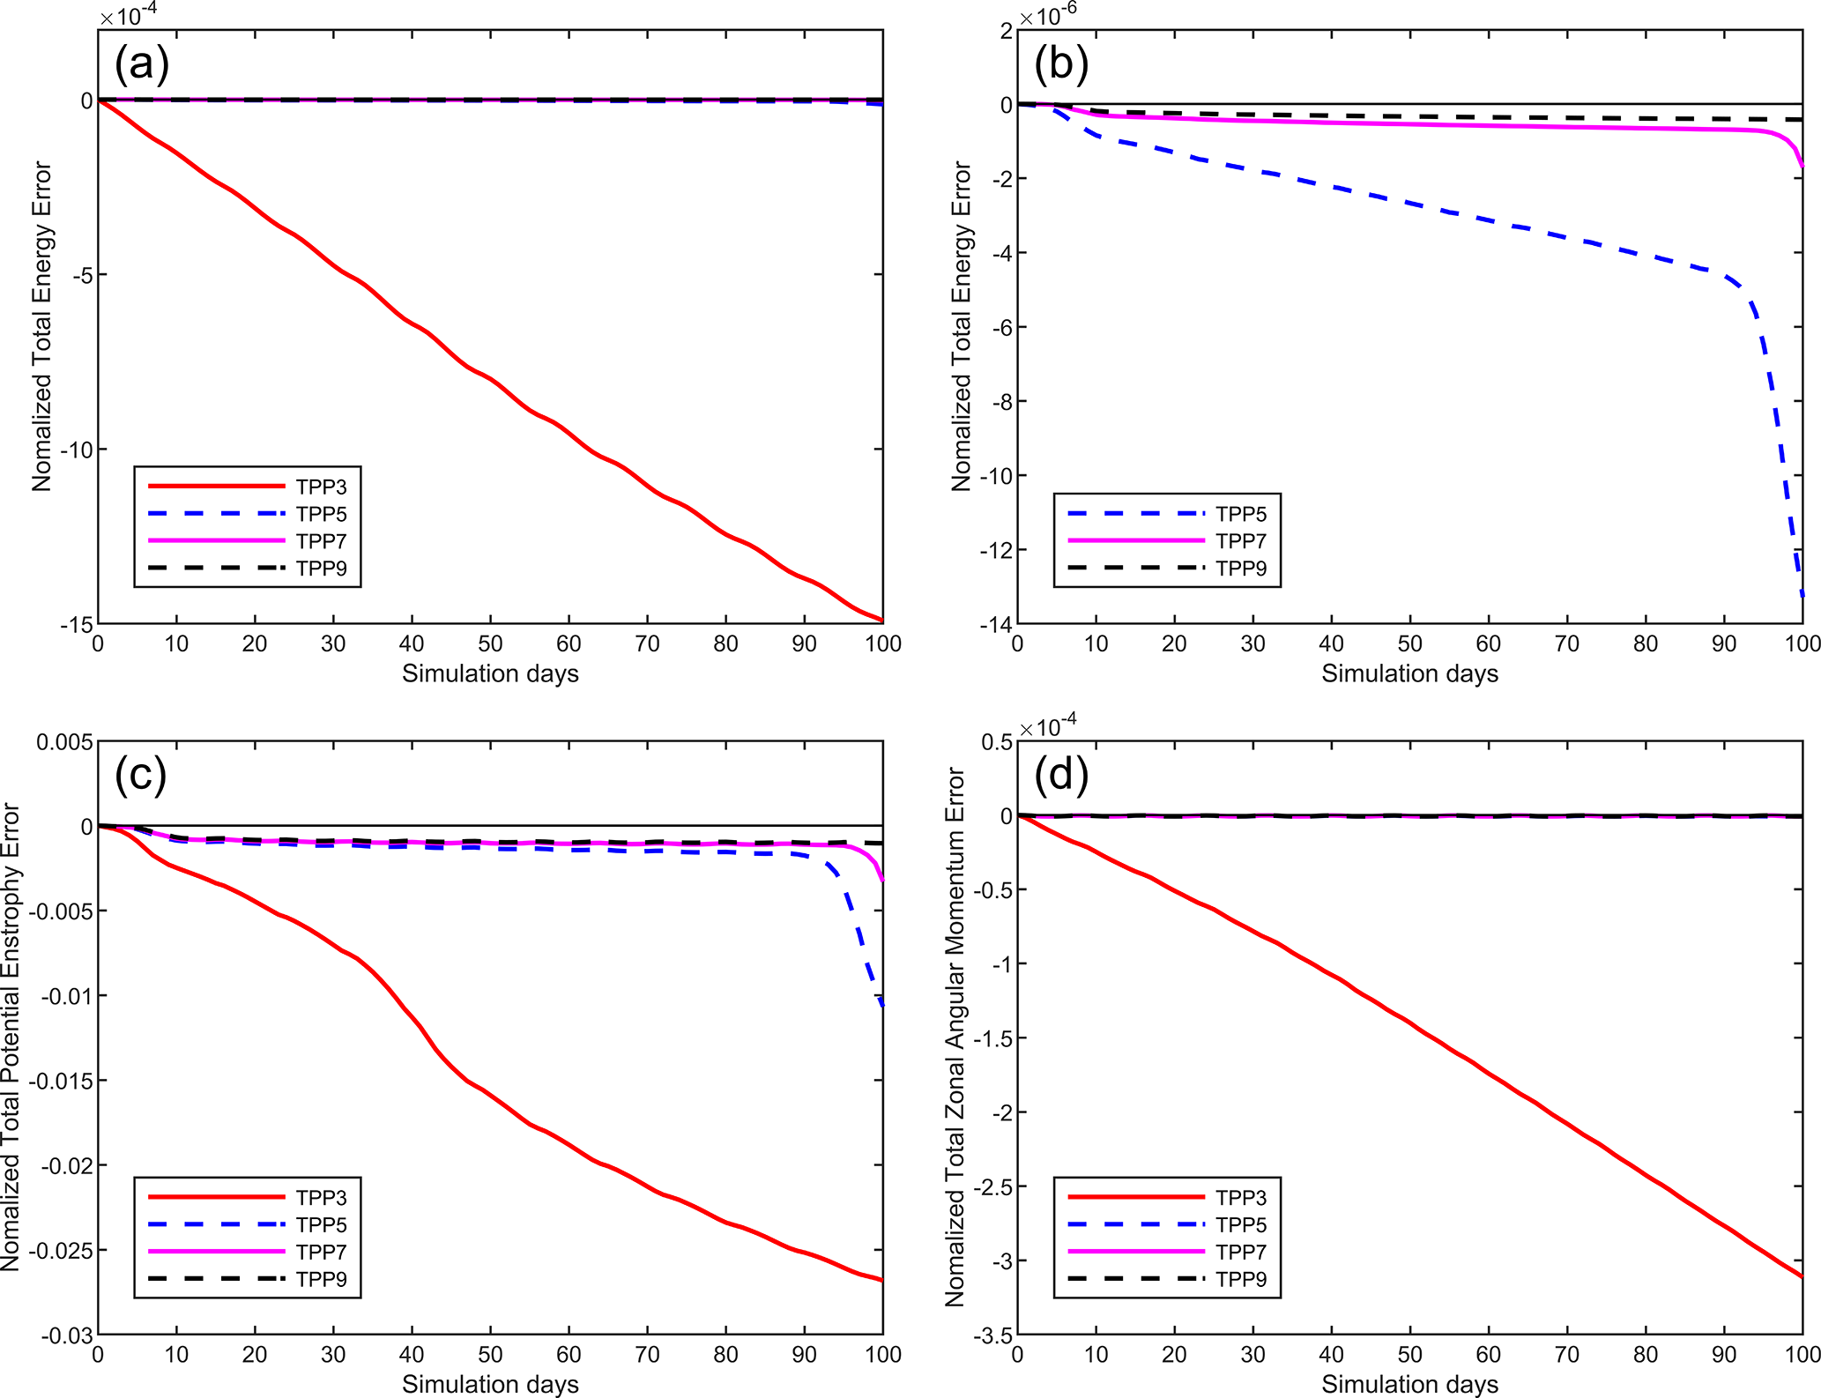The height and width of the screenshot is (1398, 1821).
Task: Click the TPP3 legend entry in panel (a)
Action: [x=321, y=487]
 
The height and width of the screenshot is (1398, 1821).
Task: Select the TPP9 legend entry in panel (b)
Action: [x=1241, y=569]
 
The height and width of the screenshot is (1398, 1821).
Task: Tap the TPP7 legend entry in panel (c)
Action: [x=321, y=1252]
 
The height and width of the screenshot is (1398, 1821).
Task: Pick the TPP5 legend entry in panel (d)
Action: [x=1241, y=1224]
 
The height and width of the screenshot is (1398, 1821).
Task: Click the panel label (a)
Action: [x=141, y=63]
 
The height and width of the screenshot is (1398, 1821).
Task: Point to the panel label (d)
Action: [x=1061, y=774]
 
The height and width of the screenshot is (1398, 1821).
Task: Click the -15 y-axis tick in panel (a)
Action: [x=76, y=625]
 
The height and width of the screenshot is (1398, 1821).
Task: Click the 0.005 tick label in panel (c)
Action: [x=64, y=742]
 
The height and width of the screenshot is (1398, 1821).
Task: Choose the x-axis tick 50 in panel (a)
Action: [x=490, y=644]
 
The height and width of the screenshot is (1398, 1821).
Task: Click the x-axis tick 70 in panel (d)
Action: [x=1567, y=1355]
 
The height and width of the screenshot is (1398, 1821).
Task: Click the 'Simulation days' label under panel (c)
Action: [x=490, y=1385]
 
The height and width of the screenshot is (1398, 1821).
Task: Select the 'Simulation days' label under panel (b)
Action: [x=1409, y=674]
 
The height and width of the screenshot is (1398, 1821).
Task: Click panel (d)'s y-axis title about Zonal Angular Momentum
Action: [x=955, y=1037]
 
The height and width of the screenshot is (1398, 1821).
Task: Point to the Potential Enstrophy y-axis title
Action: [x=11, y=1037]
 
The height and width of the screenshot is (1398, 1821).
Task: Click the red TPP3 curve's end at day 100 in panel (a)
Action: [x=881, y=620]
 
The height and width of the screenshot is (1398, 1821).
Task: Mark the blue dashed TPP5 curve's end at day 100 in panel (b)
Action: [x=1802, y=596]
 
